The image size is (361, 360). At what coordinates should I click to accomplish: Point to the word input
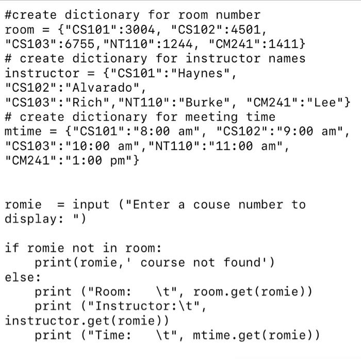pyautogui.click(x=91, y=204)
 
